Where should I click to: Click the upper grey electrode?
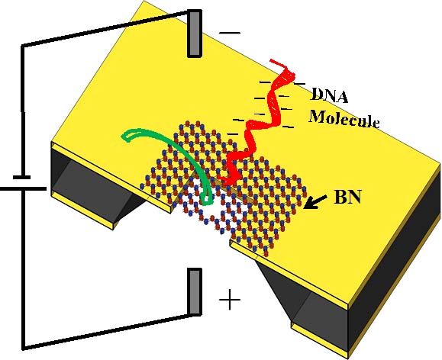(x=195, y=34)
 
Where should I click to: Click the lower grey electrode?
(x=195, y=291)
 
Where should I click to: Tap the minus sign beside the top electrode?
(x=230, y=33)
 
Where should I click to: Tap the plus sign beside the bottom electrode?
(x=230, y=300)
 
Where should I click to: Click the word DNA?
(x=329, y=95)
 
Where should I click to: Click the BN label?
(x=347, y=197)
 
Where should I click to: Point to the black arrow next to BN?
(x=315, y=201)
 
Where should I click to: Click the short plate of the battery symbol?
(x=21, y=177)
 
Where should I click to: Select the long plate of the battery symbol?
(x=23, y=188)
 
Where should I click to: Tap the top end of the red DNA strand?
(x=271, y=60)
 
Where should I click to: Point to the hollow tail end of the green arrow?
(x=128, y=136)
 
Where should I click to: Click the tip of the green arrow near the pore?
(x=207, y=201)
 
